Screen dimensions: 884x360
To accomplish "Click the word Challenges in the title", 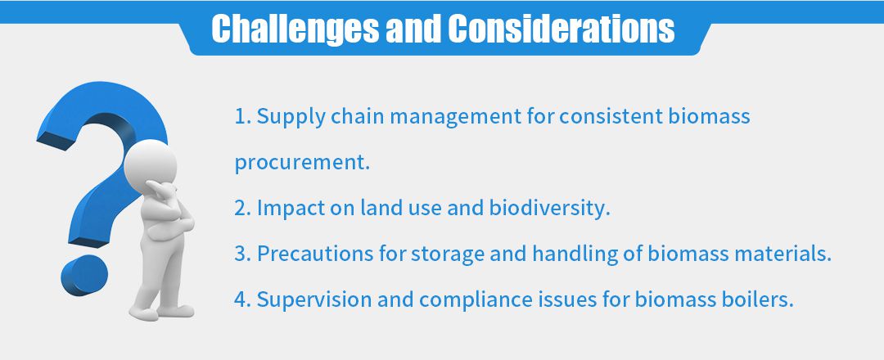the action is (x=295, y=29).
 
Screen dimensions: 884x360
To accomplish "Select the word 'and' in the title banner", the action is (x=413, y=29).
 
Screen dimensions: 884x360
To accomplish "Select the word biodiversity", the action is (x=550, y=209).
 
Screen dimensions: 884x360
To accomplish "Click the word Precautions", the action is (x=316, y=254).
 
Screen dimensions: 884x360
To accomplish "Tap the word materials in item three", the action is (x=783, y=254).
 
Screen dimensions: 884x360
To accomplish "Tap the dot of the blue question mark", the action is (x=84, y=275).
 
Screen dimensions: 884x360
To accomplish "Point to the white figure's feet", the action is (x=161, y=312).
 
